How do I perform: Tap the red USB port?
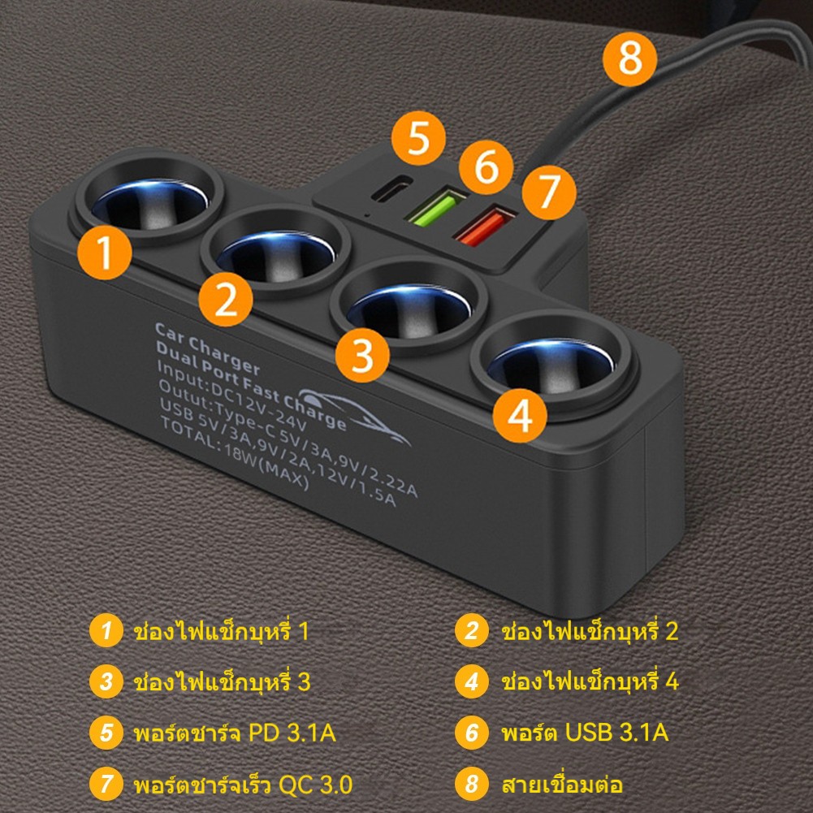485,226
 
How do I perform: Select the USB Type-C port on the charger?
391,188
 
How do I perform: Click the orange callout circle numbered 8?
629,59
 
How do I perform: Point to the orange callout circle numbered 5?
418,138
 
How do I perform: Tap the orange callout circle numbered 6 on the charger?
486,167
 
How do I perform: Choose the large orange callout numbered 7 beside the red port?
549,192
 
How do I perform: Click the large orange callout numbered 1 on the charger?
105,253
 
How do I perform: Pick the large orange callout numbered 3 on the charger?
362,355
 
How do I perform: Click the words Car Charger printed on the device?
207,348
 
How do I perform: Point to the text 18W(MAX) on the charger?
266,466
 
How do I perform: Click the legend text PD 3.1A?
292,733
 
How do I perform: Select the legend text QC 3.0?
315,784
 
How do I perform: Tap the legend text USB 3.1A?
616,732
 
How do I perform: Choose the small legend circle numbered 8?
471,784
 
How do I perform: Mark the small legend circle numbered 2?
471,630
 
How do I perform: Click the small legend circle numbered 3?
106,681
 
